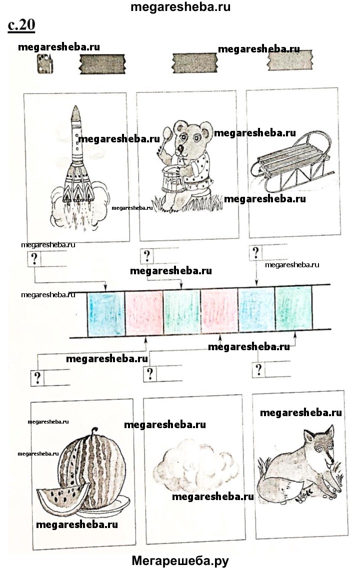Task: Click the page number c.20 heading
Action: [21, 25]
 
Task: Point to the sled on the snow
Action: [291, 162]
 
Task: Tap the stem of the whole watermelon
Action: [94, 432]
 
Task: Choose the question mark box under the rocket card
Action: [34, 259]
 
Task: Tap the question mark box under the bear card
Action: [146, 256]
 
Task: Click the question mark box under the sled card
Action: [256, 253]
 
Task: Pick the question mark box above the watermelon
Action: [37, 378]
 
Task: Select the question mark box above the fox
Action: [258, 370]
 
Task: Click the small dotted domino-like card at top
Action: [45, 64]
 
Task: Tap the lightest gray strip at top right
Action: [290, 60]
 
